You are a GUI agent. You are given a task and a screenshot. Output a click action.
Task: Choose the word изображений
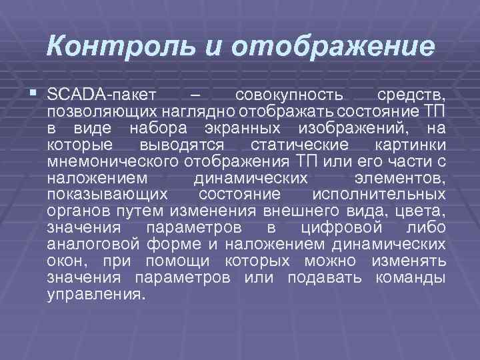(350, 127)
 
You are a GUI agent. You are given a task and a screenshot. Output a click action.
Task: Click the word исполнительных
(379, 195)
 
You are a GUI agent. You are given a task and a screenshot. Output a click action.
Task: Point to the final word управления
(95, 294)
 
